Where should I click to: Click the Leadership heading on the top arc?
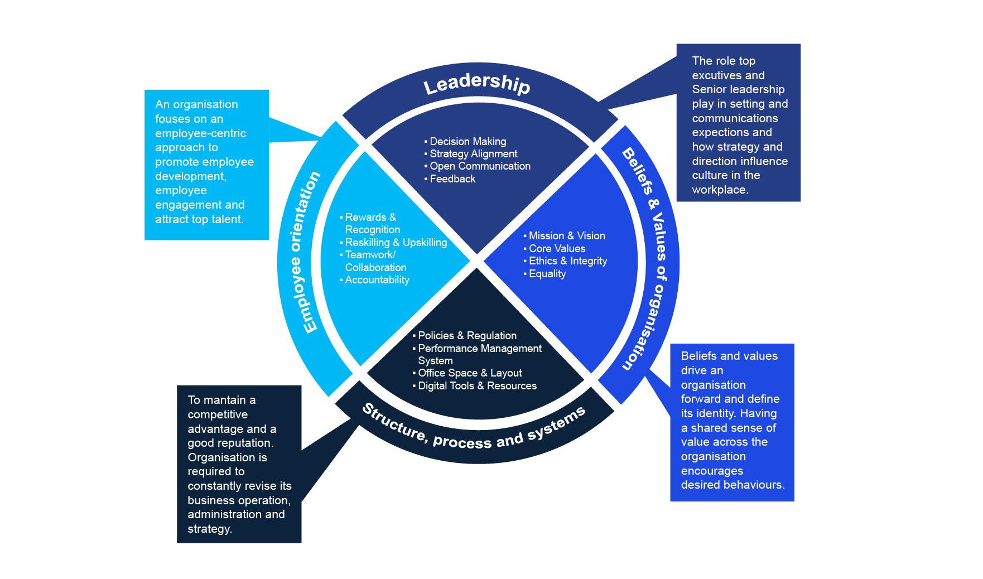(476, 84)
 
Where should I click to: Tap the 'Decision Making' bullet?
(468, 142)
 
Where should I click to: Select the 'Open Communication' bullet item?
(480, 166)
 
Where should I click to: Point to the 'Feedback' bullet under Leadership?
(452, 179)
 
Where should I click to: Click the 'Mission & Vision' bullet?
(566, 236)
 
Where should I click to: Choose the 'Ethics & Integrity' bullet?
(567, 261)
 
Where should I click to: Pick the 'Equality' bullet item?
(547, 274)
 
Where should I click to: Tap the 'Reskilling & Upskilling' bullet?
(396, 243)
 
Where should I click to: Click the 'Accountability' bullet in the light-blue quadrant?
(377, 280)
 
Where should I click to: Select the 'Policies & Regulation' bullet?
(467, 336)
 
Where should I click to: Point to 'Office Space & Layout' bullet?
(470, 373)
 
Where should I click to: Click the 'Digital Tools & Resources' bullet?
(477, 386)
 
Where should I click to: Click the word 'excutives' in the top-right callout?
(728, 75)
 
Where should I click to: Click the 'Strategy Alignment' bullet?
(473, 154)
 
